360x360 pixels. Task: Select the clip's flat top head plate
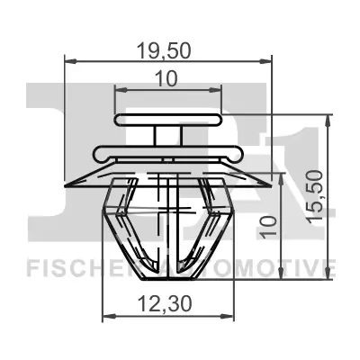coord(168,119)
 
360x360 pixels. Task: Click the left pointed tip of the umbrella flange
coord(69,177)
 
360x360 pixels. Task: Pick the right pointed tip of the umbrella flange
coord(267,177)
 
